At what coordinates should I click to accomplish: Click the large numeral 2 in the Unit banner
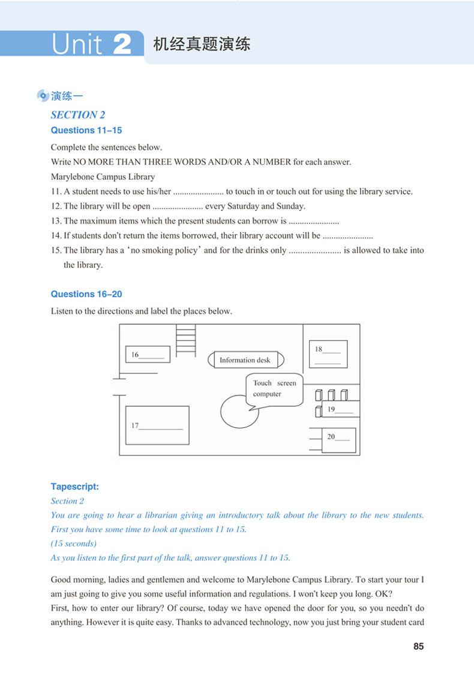coord(122,44)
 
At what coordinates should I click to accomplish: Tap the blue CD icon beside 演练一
coord(43,96)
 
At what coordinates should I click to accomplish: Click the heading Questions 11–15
coord(86,130)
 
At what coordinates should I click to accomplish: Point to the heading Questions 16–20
coord(86,294)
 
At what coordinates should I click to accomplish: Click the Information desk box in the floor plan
coord(245,360)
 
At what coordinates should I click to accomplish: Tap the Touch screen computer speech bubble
coord(274,390)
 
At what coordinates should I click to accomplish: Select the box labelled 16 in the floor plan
coord(148,354)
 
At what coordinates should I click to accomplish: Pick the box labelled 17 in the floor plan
coord(157,425)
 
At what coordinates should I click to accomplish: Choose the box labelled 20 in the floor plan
coord(338,439)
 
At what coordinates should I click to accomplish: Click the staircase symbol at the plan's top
coord(185,340)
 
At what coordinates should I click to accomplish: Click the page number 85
coord(418,646)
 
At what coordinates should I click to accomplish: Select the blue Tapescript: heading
coord(75,487)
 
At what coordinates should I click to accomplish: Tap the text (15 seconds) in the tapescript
coord(73,544)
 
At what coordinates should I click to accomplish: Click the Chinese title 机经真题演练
coord(202,44)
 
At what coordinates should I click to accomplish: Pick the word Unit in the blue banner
coord(76,45)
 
